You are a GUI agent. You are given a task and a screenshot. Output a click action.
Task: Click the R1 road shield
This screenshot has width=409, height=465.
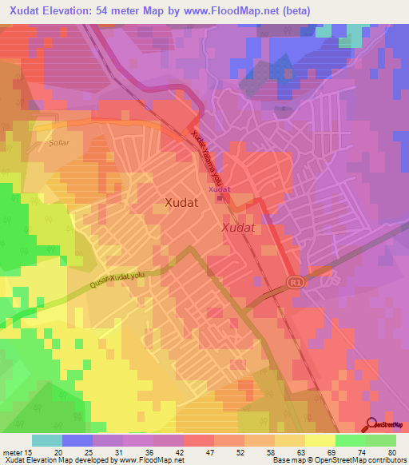pos(296,282)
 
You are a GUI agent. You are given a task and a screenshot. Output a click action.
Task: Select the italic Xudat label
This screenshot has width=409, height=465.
pos(238,228)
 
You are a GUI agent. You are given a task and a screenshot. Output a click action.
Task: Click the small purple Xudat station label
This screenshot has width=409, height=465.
pos(219,189)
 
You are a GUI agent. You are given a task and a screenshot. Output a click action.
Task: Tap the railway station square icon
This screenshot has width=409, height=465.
pos(219,198)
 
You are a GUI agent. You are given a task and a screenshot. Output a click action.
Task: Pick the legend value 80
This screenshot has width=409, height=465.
pos(391,451)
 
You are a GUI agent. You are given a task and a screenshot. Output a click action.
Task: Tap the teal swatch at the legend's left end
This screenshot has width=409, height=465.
pos(46,440)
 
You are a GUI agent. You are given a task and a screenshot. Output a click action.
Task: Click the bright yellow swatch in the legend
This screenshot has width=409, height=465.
pos(319,440)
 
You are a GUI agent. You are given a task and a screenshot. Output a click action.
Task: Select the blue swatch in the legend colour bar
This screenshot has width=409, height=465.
pos(77,440)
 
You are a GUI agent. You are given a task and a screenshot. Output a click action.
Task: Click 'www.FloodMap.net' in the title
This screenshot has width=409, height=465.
pos(254,10)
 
